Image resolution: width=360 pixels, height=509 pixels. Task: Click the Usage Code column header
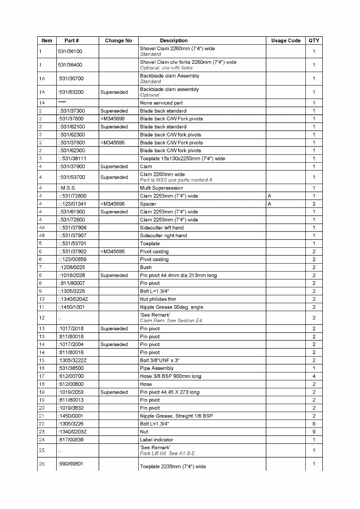click(x=286, y=40)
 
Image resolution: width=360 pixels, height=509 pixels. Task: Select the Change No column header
click(x=118, y=40)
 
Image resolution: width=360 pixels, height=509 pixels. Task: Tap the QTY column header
click(x=314, y=40)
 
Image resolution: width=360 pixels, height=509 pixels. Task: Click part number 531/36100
click(x=70, y=51)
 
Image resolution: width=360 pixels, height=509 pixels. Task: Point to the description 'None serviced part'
click(x=161, y=103)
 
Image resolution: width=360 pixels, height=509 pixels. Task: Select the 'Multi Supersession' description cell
click(x=161, y=188)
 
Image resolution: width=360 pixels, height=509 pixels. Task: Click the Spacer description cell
click(x=148, y=204)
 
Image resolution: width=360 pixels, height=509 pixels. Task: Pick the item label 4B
click(x=42, y=236)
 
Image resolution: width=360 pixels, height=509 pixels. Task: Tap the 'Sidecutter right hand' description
click(x=163, y=236)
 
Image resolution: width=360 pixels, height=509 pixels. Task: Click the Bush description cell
click(x=145, y=267)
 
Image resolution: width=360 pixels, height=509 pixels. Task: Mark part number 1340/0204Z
click(x=73, y=299)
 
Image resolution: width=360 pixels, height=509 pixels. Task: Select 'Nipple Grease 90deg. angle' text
click(x=171, y=307)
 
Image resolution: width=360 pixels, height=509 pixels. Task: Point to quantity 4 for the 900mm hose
click(x=314, y=376)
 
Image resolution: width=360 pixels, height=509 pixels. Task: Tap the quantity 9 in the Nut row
click(x=314, y=432)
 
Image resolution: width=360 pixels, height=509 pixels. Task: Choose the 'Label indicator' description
click(x=156, y=440)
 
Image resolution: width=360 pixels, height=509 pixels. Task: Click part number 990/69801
click(x=71, y=463)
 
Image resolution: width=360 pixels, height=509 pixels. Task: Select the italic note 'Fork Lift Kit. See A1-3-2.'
click(x=168, y=453)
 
